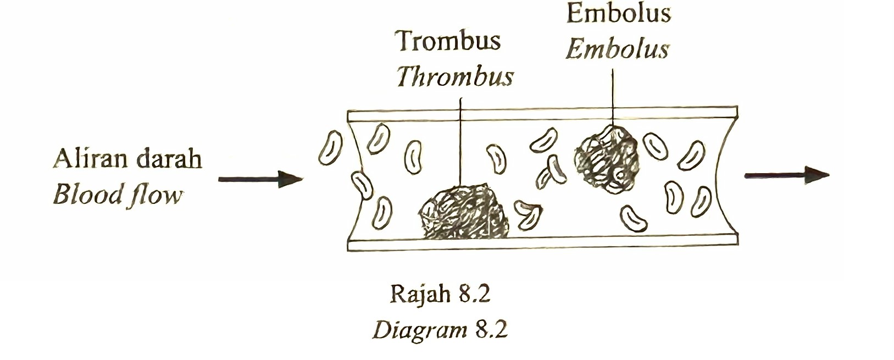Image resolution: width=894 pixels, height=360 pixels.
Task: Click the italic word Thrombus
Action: (455, 76)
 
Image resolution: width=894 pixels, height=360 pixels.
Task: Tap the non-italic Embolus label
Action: (619, 14)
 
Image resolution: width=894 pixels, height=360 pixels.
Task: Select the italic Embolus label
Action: (618, 49)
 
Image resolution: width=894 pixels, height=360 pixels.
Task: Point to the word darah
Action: (170, 159)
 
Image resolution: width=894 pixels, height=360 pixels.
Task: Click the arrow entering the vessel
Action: (260, 179)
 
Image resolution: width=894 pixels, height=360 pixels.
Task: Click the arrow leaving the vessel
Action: (787, 175)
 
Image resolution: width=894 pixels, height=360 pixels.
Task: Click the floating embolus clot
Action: (607, 159)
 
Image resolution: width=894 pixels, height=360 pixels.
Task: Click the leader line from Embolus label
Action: (613, 97)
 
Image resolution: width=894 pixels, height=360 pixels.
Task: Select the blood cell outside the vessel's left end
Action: (330, 148)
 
